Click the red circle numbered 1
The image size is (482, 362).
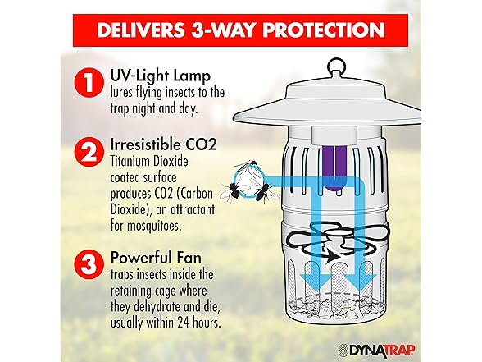tap(89, 82)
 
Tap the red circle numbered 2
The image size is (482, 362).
tap(89, 152)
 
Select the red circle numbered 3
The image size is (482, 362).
tap(89, 264)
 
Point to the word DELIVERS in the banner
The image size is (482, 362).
tap(140, 30)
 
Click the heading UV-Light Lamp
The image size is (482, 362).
tap(161, 76)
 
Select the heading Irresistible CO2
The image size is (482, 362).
tap(164, 144)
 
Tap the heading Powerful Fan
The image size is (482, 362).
tap(156, 258)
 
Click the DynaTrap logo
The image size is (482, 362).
tap(376, 350)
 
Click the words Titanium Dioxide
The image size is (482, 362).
tap(149, 161)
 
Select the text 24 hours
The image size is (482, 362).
tap(198, 323)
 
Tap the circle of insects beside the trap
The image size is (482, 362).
tap(249, 181)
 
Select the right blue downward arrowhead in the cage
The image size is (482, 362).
tap(360, 281)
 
